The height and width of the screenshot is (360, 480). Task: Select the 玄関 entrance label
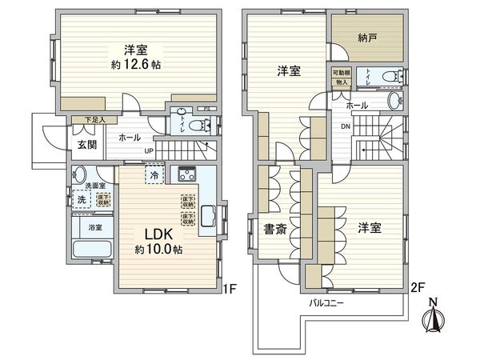(86, 145)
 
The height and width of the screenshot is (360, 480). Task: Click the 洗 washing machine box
(81, 198)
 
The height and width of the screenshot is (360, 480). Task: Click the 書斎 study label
(274, 230)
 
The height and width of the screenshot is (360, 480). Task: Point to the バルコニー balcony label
(326, 304)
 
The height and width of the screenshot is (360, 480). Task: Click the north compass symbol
(434, 315)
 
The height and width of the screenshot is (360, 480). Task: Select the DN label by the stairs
(344, 126)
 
